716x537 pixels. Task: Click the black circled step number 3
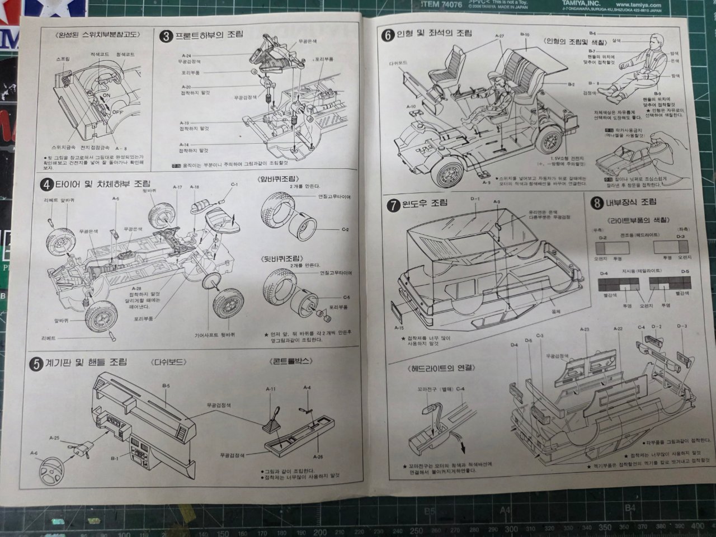[x=166, y=36]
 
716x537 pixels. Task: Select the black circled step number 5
[x=36, y=364]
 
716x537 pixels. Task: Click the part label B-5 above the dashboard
[x=166, y=385]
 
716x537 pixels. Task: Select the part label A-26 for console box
[x=318, y=457]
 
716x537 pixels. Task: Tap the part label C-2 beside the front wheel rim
[x=345, y=230]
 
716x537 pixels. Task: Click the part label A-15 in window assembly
[x=399, y=328]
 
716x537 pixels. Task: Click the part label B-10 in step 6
[x=524, y=35]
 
